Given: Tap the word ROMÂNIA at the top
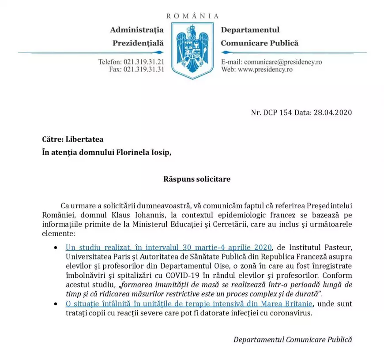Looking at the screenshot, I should pyautogui.click(x=192, y=16).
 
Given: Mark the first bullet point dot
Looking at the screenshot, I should pyautogui.click(x=55, y=247).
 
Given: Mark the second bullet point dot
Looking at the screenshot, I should pyautogui.click(x=55, y=304).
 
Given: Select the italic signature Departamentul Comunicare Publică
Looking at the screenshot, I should pyautogui.click(x=293, y=339).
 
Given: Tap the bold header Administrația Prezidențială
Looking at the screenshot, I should pyautogui.click(x=137, y=36).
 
